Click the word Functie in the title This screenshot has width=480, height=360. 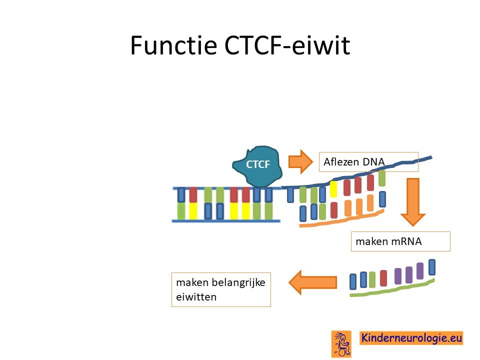[x=173, y=45]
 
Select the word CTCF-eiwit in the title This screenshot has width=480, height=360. [x=287, y=45]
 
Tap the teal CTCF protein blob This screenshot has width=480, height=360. [x=257, y=165]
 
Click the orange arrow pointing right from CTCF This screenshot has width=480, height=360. [x=300, y=161]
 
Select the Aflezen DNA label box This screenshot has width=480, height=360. [x=368, y=161]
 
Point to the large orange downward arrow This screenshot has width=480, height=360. [x=412, y=202]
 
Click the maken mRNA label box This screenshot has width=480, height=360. [x=400, y=241]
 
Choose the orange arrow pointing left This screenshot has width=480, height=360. [x=312, y=282]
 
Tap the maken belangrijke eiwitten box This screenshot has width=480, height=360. [x=221, y=289]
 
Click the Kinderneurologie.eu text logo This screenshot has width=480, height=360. [x=411, y=338]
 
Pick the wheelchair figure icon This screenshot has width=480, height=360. [x=341, y=344]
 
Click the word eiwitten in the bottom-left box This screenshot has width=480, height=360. [x=196, y=296]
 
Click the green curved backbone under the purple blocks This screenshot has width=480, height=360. [x=392, y=288]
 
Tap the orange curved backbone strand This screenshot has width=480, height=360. [x=341, y=219]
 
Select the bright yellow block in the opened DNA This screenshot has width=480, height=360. [x=333, y=189]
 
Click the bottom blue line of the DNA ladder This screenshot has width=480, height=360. [x=226, y=220]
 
